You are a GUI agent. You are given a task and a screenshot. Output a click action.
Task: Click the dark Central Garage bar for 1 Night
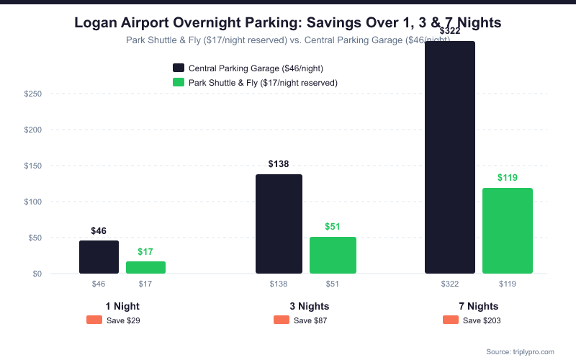coord(99,257)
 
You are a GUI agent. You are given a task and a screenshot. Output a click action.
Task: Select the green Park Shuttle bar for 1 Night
coord(145,267)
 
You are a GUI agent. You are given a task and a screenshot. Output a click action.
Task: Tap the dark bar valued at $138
coord(279,224)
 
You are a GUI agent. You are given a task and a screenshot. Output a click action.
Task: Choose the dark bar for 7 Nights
coord(450,158)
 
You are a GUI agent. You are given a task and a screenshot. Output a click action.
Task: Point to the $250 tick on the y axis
coord(33,94)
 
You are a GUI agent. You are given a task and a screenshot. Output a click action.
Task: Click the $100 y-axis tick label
coord(33,202)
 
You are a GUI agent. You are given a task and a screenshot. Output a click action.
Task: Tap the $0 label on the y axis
coord(37,274)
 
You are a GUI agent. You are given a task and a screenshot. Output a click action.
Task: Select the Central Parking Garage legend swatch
coord(179,68)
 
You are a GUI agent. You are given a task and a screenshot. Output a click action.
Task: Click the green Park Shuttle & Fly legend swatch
coord(179,83)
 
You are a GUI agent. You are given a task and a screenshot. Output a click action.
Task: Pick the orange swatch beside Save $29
coord(94,320)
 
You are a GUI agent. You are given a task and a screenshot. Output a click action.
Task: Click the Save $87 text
coord(310,320)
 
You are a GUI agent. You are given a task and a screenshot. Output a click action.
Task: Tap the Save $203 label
coord(482,320)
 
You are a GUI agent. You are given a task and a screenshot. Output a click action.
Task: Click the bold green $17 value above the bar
coord(145,252)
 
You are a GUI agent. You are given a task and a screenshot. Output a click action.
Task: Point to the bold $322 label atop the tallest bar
coord(450,30)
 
